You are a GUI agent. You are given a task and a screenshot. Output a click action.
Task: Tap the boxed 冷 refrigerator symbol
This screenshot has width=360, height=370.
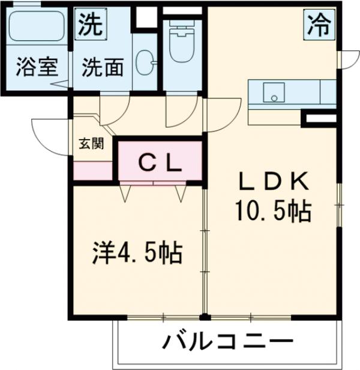(319, 25)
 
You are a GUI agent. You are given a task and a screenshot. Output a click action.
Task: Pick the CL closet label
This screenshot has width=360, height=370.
(160, 162)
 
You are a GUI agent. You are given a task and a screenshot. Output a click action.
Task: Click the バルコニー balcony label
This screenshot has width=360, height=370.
(228, 344)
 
